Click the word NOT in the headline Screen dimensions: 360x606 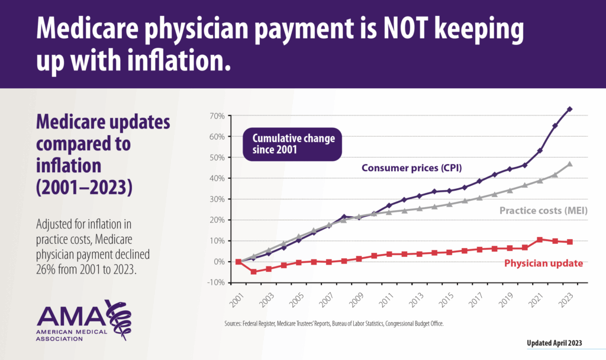(362, 28)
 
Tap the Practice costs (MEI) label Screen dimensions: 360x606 (543, 210)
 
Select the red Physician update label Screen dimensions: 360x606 (543, 263)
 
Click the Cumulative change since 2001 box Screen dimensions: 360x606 (293, 144)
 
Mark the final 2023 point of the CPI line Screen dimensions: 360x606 (570, 109)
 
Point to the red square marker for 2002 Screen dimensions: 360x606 (253, 272)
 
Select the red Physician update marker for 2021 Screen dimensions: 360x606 (539, 240)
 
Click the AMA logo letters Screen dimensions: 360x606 (70, 316)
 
